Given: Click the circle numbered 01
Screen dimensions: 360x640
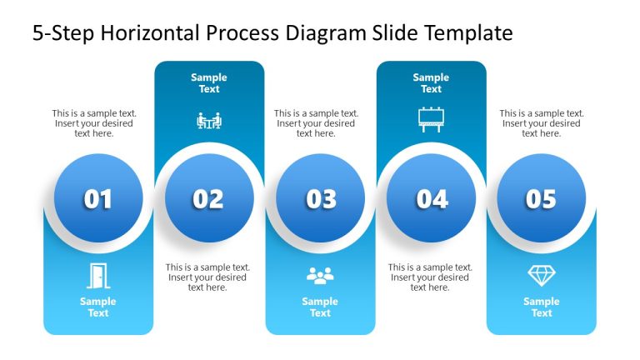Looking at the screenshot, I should coord(97,199).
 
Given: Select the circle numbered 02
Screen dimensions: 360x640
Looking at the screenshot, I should coord(208,199).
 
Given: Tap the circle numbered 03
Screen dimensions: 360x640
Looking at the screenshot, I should coord(321,199).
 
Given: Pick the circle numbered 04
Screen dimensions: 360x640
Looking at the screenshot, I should coord(432,199).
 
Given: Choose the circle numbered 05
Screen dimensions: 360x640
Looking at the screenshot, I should coord(541,199).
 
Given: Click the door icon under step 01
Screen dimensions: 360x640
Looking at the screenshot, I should coord(98,275).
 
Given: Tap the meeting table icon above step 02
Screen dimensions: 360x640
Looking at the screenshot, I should coord(209,121).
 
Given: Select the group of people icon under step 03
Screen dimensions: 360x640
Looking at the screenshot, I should coord(320,275).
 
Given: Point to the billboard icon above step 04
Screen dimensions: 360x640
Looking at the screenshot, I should coord(432,120).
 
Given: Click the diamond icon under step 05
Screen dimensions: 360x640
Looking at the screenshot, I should coord(541,275).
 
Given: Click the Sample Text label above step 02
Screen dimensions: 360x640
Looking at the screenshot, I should coord(209,83).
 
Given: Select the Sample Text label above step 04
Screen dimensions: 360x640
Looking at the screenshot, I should coord(432,83).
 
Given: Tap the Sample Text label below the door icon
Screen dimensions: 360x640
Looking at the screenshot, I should coord(98,307).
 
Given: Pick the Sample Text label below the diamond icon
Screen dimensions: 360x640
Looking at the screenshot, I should coord(542,307).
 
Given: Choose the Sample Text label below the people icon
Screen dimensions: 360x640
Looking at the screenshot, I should coord(320,307).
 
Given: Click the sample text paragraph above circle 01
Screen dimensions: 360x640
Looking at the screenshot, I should coord(94,123).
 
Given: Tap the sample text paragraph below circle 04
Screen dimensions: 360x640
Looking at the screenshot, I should coord(430,277).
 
